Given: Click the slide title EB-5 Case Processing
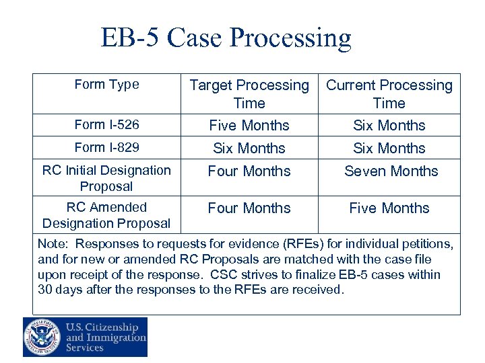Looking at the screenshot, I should (x=226, y=38).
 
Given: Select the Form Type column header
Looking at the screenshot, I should (x=106, y=85).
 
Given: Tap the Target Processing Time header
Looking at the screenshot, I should (x=249, y=94).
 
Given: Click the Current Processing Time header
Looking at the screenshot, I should (x=389, y=94).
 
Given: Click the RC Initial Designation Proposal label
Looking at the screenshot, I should (x=106, y=178).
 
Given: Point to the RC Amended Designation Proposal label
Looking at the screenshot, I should (x=106, y=215).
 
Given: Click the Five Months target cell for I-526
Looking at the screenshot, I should (x=249, y=126).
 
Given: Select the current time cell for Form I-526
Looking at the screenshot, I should (x=389, y=126).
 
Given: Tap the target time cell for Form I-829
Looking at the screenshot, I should (x=249, y=149).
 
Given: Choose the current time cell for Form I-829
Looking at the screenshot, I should (x=389, y=149).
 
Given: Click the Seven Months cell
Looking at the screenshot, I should (x=391, y=171).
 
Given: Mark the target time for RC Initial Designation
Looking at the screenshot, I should (x=249, y=171).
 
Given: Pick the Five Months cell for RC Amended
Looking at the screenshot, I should (x=389, y=208).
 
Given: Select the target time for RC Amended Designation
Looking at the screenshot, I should (x=249, y=208).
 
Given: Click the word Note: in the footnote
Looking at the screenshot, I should (x=53, y=244).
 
